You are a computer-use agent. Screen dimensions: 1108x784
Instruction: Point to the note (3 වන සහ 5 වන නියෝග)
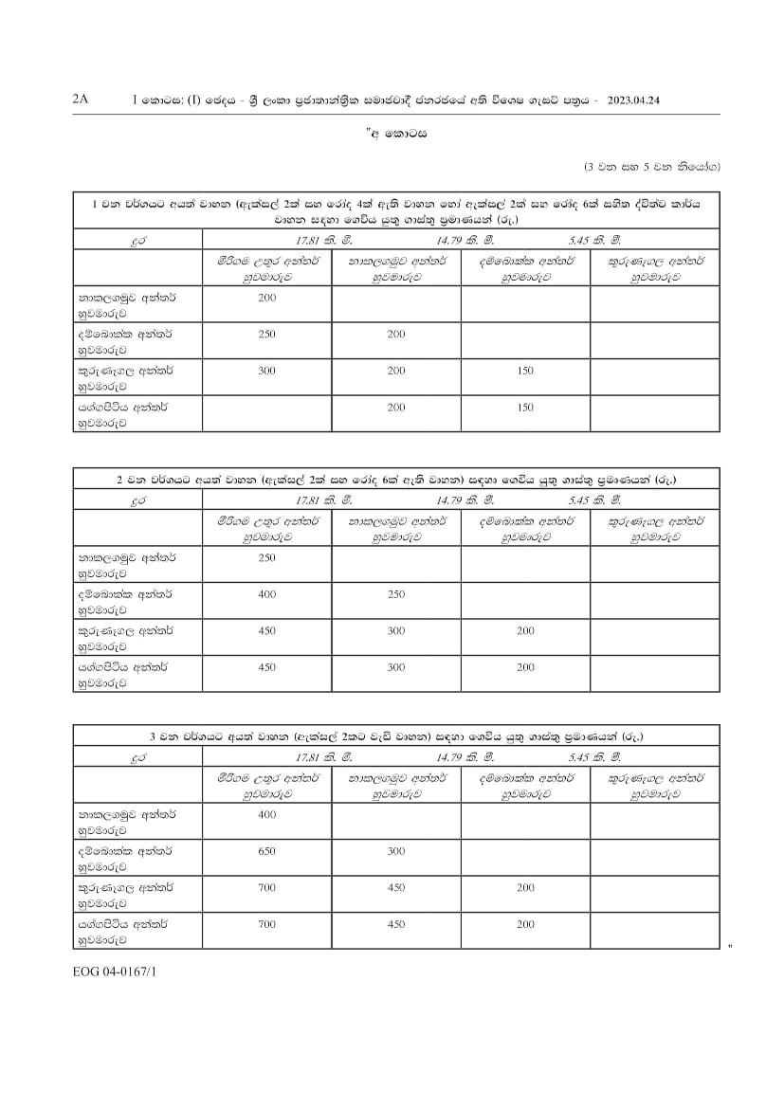(652, 168)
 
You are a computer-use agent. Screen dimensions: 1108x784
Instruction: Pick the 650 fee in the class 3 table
(266, 851)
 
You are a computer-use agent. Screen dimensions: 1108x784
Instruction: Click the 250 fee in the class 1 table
(266, 335)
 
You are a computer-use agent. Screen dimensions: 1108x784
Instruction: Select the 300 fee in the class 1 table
(266, 371)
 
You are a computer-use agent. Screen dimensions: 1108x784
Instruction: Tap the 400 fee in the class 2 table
(266, 594)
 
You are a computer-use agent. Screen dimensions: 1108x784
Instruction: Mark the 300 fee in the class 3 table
(396, 851)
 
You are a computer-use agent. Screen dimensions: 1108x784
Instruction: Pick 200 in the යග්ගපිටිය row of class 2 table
(526, 667)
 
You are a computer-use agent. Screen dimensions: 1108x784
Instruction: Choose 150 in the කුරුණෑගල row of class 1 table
(526, 371)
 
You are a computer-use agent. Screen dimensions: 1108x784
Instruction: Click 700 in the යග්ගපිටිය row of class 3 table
(266, 924)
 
